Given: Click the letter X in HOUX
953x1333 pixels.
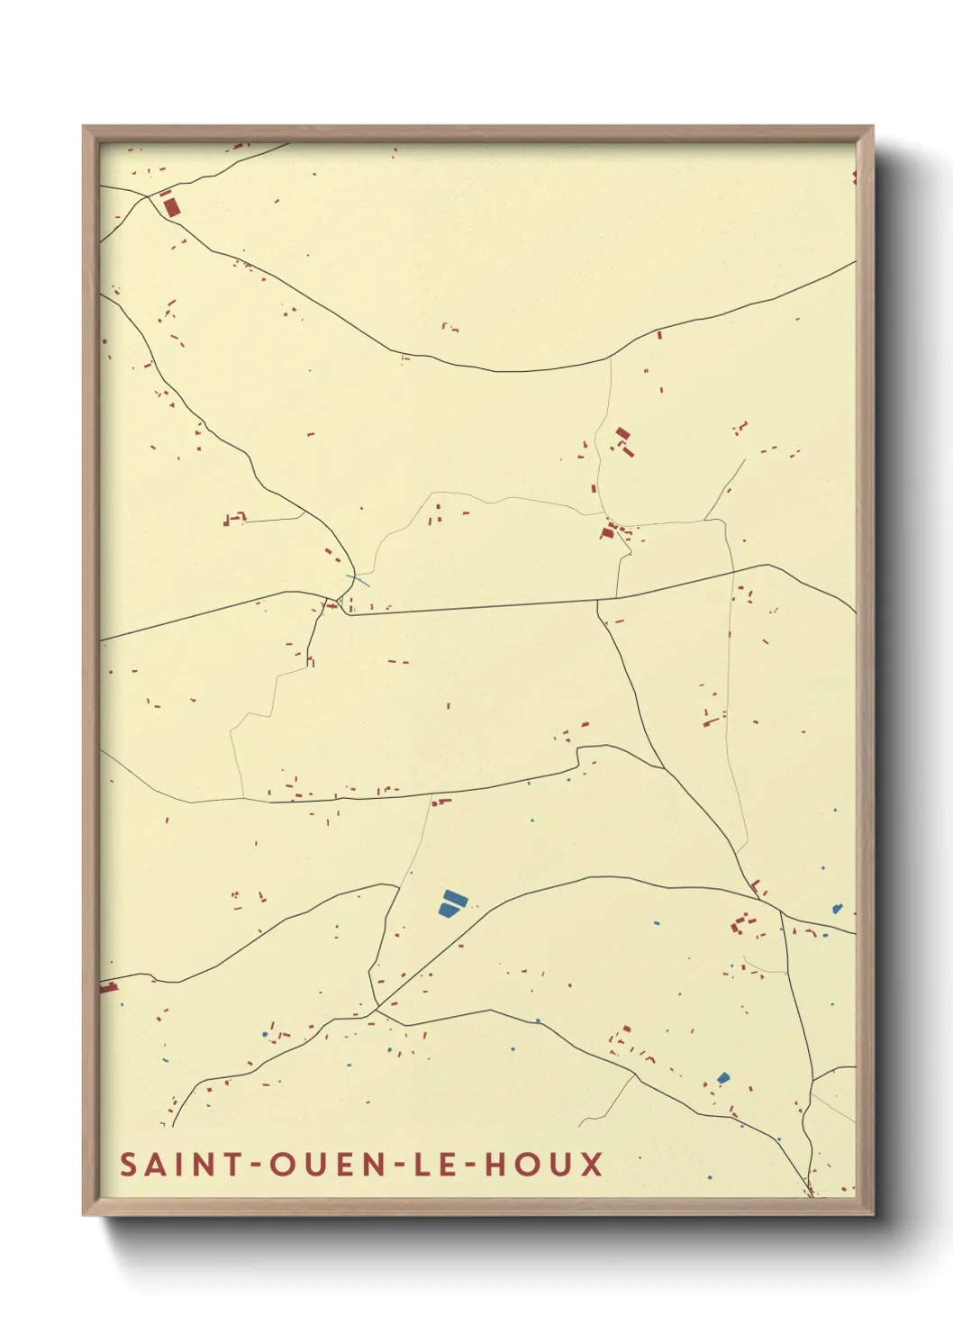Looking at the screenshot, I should tap(591, 1164).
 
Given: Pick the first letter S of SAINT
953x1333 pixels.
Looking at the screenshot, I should tap(128, 1164).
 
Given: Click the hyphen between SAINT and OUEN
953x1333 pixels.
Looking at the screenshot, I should tap(255, 1165).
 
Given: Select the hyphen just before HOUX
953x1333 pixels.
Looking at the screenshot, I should tap(471, 1165).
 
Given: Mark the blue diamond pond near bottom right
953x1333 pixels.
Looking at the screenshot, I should tap(722, 1077).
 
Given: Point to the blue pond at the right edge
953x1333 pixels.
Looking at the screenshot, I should tap(837, 909).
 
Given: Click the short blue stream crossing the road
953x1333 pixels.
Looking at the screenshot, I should tap(357, 580).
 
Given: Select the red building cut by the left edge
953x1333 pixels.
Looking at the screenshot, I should tap(108, 988).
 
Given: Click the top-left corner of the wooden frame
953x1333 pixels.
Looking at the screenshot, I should tap(84, 127).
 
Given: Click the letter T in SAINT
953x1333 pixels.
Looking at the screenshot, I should tap(231, 1164).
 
